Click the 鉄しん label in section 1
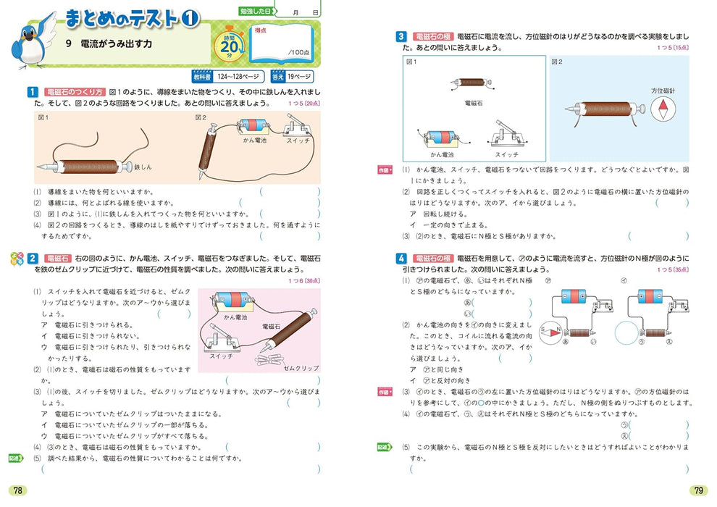(142, 167)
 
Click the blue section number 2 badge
(32, 258)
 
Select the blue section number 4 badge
(401, 258)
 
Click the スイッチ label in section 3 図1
(506, 154)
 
